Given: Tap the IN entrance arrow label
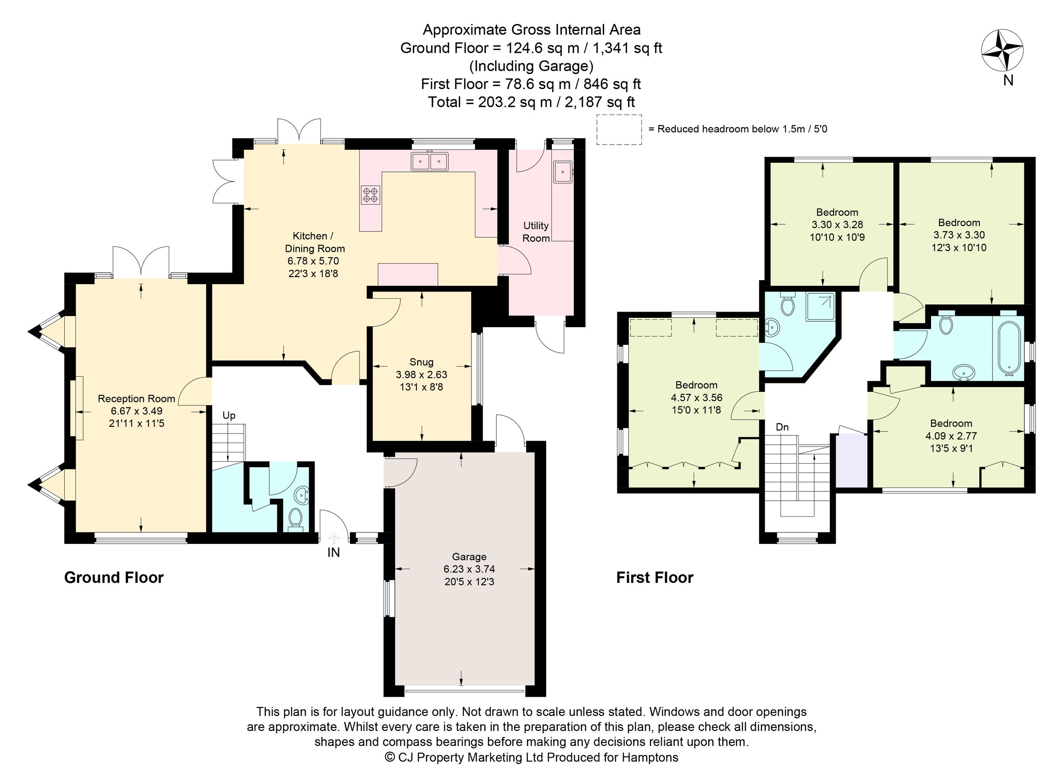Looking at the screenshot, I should [x=333, y=552].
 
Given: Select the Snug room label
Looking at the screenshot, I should [x=421, y=362].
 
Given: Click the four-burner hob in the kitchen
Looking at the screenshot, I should [x=370, y=195].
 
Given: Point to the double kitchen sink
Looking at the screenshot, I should [x=429, y=161].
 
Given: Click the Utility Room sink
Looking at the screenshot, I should [x=562, y=172].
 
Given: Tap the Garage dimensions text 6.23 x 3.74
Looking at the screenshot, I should [x=469, y=569].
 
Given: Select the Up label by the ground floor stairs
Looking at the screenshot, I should [x=229, y=415].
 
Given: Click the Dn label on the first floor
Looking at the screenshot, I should [x=782, y=427].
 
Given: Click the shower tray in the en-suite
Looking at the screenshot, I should [x=820, y=307].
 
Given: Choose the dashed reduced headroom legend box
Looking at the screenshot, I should [x=619, y=129].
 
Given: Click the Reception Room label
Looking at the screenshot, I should [x=136, y=398].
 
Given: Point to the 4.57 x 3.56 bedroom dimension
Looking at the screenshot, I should [x=696, y=398].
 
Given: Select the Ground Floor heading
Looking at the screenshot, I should [x=114, y=578].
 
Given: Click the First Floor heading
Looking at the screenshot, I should [x=654, y=578].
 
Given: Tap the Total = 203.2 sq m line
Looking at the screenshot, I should [x=531, y=102].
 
